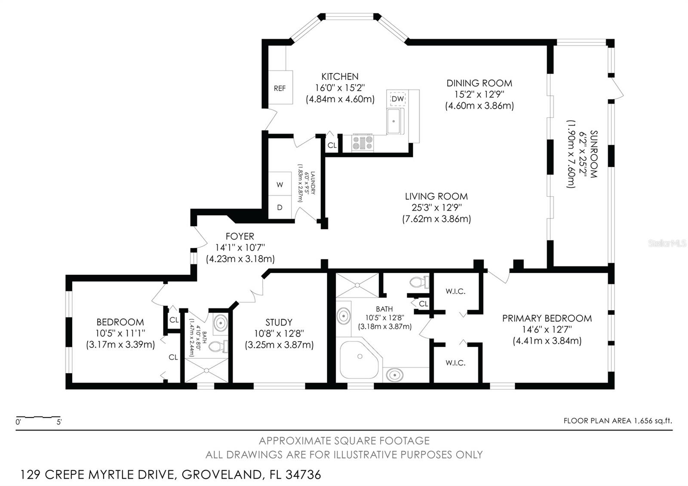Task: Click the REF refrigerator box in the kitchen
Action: (280, 87)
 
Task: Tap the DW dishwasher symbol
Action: (397, 98)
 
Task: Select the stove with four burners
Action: (363, 143)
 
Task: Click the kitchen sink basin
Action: (393, 121)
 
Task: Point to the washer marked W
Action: (280, 184)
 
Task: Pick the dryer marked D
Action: (280, 207)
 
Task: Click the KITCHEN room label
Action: (340, 76)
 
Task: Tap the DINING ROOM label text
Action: (479, 83)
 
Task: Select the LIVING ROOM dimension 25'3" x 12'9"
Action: (436, 207)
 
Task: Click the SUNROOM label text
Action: (594, 154)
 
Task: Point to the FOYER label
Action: (240, 236)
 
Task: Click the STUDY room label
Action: (279, 322)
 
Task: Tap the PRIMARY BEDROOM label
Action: (547, 318)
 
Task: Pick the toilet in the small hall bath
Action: (218, 347)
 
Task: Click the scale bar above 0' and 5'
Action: (38, 417)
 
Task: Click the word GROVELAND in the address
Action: (221, 475)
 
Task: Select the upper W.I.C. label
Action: (455, 291)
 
